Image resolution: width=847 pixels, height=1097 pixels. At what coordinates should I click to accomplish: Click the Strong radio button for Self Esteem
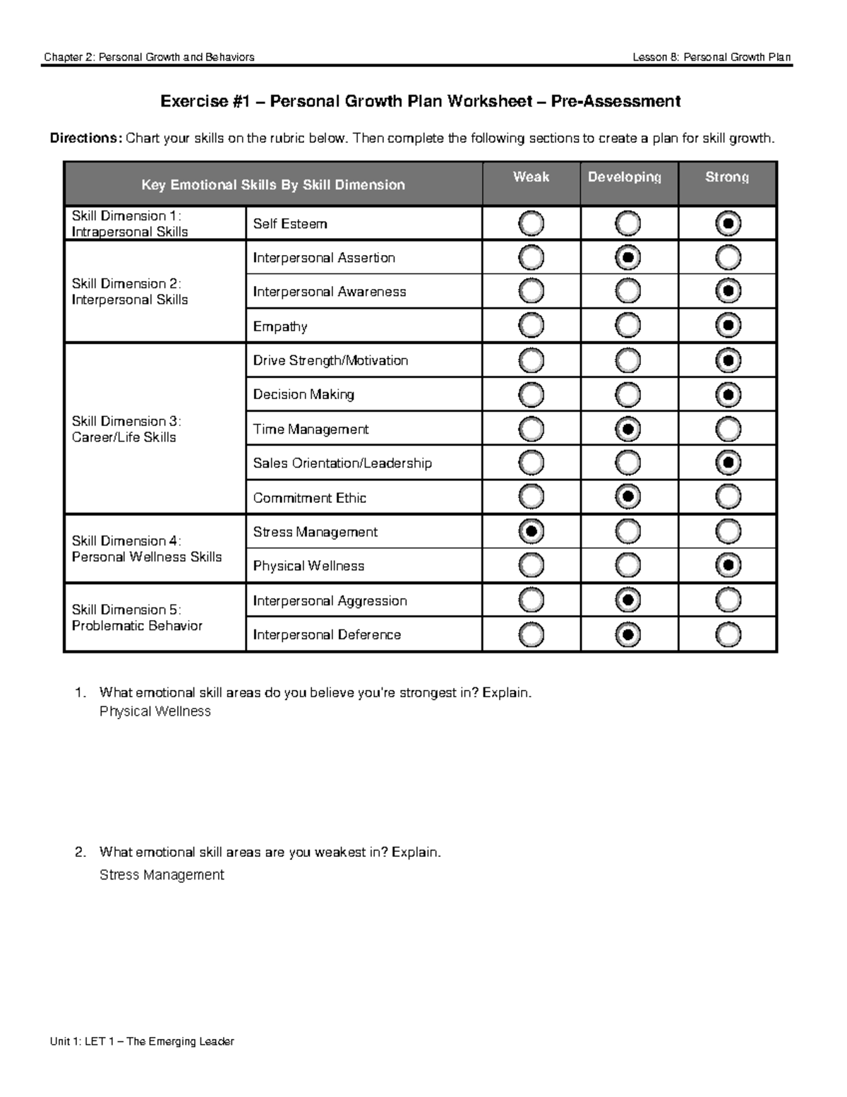[x=728, y=224]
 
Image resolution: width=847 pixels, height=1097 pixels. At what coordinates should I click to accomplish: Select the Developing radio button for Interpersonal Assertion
[x=627, y=258]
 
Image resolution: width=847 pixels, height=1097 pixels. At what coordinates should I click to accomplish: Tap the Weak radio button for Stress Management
[x=531, y=530]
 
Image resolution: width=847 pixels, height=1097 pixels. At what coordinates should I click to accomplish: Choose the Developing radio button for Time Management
[x=627, y=429]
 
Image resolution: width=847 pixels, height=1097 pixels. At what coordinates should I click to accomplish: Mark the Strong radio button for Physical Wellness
[x=728, y=565]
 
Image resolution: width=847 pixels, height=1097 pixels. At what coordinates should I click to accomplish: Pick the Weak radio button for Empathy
[x=531, y=326]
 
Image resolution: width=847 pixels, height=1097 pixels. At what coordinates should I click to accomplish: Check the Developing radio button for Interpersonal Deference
[x=627, y=634]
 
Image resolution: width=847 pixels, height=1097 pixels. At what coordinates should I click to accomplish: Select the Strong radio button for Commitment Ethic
[x=728, y=497]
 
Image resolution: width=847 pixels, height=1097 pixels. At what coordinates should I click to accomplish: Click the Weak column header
[x=531, y=177]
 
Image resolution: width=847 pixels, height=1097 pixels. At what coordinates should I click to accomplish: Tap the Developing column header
[x=625, y=177]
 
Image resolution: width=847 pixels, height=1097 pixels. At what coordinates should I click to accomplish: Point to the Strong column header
[x=727, y=177]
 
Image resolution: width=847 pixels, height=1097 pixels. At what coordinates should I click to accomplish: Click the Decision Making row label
[x=304, y=395]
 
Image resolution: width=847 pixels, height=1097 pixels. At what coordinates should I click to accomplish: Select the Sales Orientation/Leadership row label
[x=342, y=463]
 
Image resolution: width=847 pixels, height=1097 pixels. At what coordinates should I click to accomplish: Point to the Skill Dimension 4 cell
[x=147, y=549]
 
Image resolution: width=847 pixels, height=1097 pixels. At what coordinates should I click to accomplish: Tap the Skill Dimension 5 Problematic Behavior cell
[x=137, y=617]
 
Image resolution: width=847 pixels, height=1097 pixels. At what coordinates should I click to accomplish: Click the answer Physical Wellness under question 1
[x=155, y=711]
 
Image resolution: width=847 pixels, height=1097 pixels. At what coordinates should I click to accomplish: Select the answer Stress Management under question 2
[x=162, y=875]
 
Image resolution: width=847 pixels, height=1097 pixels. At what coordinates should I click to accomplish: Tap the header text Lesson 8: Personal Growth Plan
[x=711, y=57]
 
